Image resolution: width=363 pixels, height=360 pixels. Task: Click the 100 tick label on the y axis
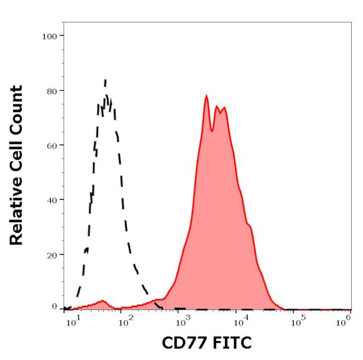point(50,36)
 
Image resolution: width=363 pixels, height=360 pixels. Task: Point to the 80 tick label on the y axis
point(52,90)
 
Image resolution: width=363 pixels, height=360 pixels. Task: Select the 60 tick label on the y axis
point(52,145)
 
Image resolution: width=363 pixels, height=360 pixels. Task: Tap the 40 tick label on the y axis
point(52,199)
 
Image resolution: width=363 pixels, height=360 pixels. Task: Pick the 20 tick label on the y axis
point(52,254)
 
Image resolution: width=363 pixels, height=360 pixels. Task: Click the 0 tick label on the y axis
point(55,306)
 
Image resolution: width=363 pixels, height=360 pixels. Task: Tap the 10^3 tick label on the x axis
point(182,321)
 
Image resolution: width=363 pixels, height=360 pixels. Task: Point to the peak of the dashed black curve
point(105,81)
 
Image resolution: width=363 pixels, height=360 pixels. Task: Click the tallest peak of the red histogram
point(206,96)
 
